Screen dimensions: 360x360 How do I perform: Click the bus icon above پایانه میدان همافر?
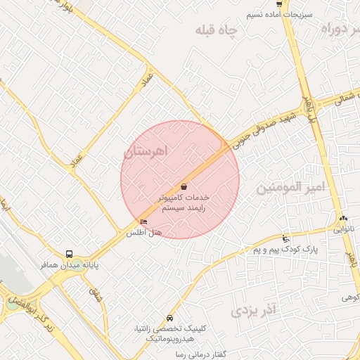click(x=69, y=254)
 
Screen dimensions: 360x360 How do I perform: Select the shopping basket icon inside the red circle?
click(x=184, y=186)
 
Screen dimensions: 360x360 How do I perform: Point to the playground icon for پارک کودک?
click(x=285, y=238)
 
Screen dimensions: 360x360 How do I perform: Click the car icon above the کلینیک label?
click(x=170, y=318)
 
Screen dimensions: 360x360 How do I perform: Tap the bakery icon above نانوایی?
click(x=343, y=218)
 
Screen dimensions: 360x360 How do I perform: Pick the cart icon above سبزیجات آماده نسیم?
click(x=280, y=4)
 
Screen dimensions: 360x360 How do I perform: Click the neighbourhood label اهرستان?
click(x=148, y=151)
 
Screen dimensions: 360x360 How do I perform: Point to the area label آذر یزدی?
click(x=255, y=309)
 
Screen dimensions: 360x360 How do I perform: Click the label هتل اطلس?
click(x=148, y=232)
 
